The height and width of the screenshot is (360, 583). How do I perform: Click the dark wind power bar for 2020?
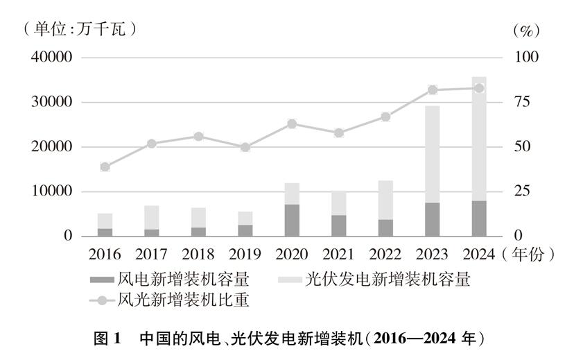click(x=292, y=220)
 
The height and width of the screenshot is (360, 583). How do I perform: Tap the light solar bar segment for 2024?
click(x=479, y=139)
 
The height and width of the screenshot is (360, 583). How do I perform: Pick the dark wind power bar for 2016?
click(x=105, y=232)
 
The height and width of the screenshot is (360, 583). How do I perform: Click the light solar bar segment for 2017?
click(x=152, y=217)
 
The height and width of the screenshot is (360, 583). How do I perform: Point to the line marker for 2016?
click(x=105, y=166)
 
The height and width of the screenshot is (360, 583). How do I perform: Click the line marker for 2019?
click(x=245, y=147)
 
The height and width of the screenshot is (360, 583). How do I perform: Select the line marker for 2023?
click(x=433, y=89)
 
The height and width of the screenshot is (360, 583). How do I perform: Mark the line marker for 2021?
click(x=339, y=133)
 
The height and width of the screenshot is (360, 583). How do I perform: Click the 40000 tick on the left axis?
click(x=52, y=58)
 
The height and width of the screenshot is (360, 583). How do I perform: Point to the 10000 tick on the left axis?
click(x=52, y=191)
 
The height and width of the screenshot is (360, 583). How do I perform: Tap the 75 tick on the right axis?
click(x=521, y=102)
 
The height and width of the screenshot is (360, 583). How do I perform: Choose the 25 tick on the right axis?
click(x=521, y=191)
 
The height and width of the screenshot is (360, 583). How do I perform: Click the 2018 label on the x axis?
click(x=198, y=254)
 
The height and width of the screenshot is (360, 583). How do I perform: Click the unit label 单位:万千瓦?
click(x=78, y=29)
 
